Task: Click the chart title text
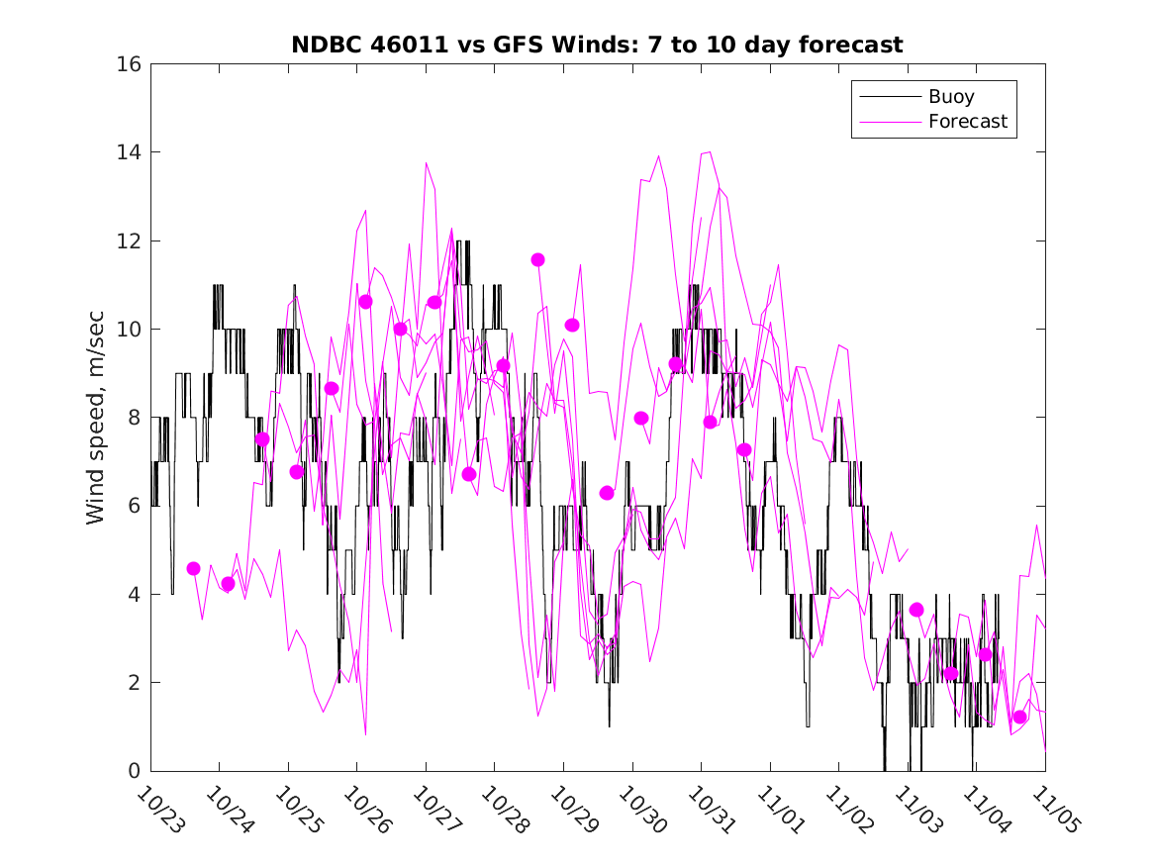point(597,45)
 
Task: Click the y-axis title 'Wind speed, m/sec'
point(96,417)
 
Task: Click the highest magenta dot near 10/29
point(537,259)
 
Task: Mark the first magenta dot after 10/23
point(193,568)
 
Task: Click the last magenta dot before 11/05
point(1019,717)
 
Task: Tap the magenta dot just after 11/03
point(916,610)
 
